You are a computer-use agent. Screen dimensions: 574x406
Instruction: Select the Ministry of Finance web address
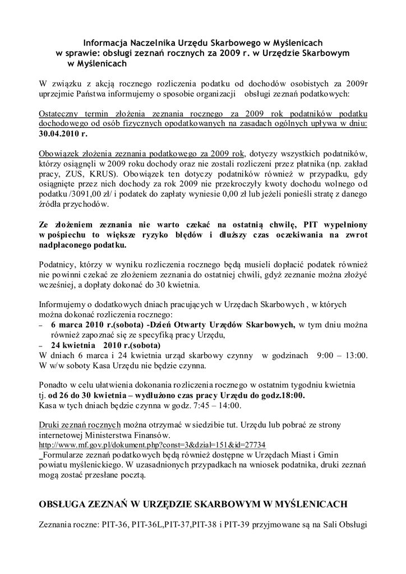click(x=152, y=445)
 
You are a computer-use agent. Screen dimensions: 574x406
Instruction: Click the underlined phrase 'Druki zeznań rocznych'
click(x=80, y=424)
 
